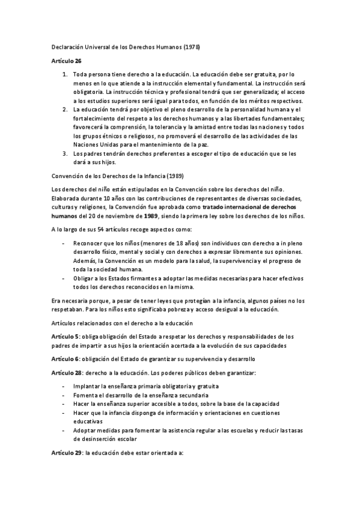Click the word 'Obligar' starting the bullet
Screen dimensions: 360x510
83,278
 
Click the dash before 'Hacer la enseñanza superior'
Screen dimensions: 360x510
64,404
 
